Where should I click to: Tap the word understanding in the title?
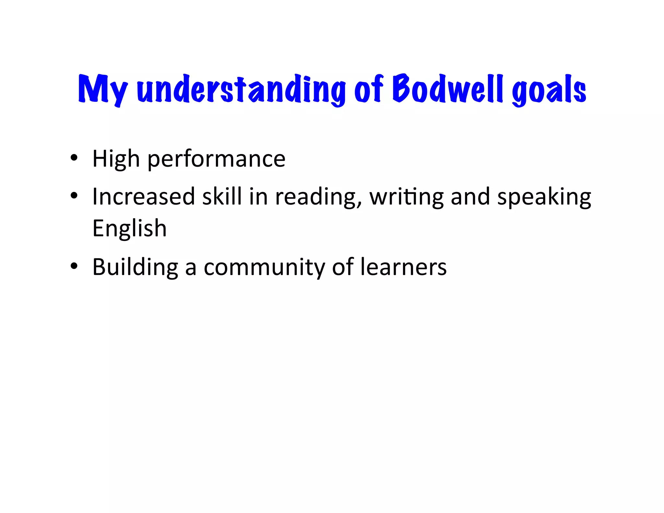point(241,89)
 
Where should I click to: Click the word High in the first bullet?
point(116,159)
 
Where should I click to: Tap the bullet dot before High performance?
point(74,158)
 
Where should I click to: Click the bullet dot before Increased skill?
point(74,196)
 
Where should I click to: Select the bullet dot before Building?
point(74,266)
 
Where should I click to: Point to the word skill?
point(222,197)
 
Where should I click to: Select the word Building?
point(135,268)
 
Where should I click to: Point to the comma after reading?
point(359,204)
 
